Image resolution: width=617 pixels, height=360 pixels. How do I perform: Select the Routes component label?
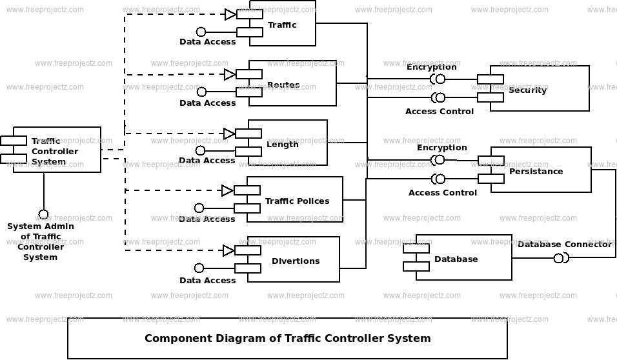tap(283, 85)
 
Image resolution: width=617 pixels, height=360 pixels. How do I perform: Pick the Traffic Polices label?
tap(297, 201)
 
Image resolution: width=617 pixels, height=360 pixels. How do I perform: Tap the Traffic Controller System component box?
tap(57, 150)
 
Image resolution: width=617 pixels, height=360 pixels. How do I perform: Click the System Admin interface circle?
tap(43, 214)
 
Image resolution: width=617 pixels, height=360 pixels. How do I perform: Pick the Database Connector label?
tap(564, 245)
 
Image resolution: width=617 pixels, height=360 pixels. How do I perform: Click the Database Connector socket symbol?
tap(560, 258)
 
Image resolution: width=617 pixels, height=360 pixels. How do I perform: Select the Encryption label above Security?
tap(431, 67)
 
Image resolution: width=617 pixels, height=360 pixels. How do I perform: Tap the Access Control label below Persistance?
tap(443, 192)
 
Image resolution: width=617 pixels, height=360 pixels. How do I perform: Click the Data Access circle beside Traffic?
tap(201, 32)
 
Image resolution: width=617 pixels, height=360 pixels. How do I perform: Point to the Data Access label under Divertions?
tap(207, 281)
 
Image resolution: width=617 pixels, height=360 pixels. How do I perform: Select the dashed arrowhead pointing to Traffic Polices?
tap(227, 190)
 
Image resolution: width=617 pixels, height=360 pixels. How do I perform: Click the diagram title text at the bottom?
tap(287, 338)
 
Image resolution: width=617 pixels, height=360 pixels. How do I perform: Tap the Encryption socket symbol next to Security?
tap(438, 79)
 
